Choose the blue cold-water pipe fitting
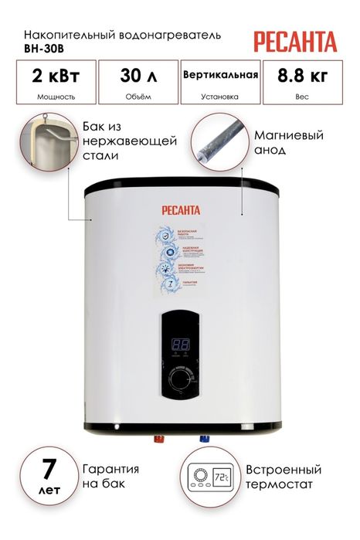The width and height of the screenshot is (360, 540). (205, 440)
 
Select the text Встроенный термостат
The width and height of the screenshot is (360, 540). (285, 477)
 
